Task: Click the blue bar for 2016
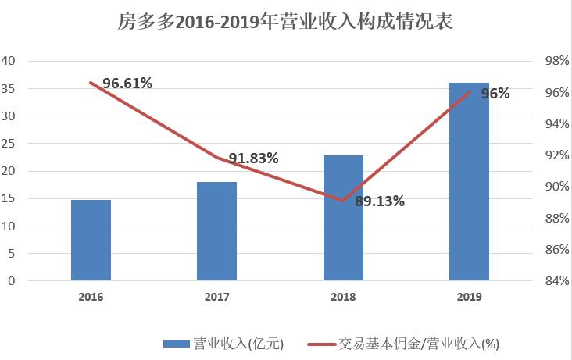(x=91, y=240)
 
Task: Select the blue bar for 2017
(x=216, y=231)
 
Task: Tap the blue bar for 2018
(x=343, y=218)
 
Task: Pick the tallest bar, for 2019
(x=469, y=181)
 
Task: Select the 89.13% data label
(x=379, y=201)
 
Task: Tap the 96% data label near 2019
(x=495, y=94)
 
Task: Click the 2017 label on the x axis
(x=216, y=297)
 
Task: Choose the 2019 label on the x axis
(x=469, y=297)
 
